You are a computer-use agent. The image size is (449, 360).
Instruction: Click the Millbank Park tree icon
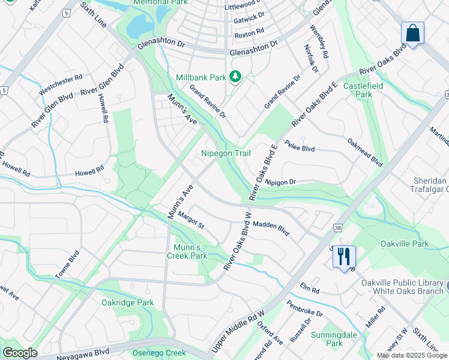(x=236, y=77)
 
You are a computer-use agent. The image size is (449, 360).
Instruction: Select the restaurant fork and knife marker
(x=344, y=257)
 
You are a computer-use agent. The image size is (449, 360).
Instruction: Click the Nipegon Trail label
(x=226, y=154)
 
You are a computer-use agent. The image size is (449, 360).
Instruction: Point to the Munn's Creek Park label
(x=190, y=251)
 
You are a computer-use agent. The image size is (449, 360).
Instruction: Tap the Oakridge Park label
(x=127, y=303)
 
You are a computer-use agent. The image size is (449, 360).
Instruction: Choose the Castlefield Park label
(x=363, y=90)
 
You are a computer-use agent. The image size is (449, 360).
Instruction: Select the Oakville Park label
(x=405, y=244)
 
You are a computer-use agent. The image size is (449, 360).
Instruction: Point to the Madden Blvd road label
(x=271, y=228)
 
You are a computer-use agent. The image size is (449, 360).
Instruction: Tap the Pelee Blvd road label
(x=300, y=146)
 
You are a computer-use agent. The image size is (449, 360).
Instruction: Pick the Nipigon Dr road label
(x=280, y=181)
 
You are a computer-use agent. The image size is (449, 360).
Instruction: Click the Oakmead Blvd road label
(x=365, y=152)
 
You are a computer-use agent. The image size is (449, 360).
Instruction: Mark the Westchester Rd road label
(x=60, y=86)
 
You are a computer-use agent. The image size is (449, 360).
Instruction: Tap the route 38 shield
(x=339, y=227)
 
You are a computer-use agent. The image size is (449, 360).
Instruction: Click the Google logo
(x=20, y=353)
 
